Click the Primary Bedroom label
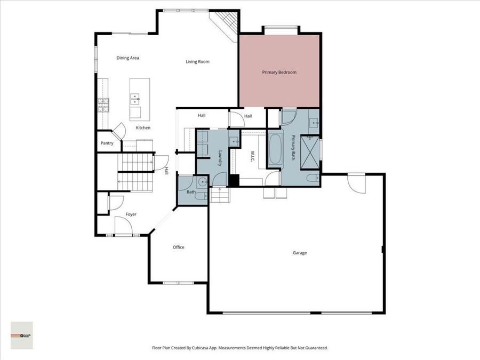point(279,72)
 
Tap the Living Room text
point(197,62)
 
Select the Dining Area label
point(128,58)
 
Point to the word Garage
point(299,253)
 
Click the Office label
point(178,247)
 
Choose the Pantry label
point(107,143)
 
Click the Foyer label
point(131,214)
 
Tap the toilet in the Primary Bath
point(312,178)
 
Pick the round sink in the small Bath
point(202,183)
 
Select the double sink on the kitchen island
point(135,98)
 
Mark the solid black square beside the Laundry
point(234,180)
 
